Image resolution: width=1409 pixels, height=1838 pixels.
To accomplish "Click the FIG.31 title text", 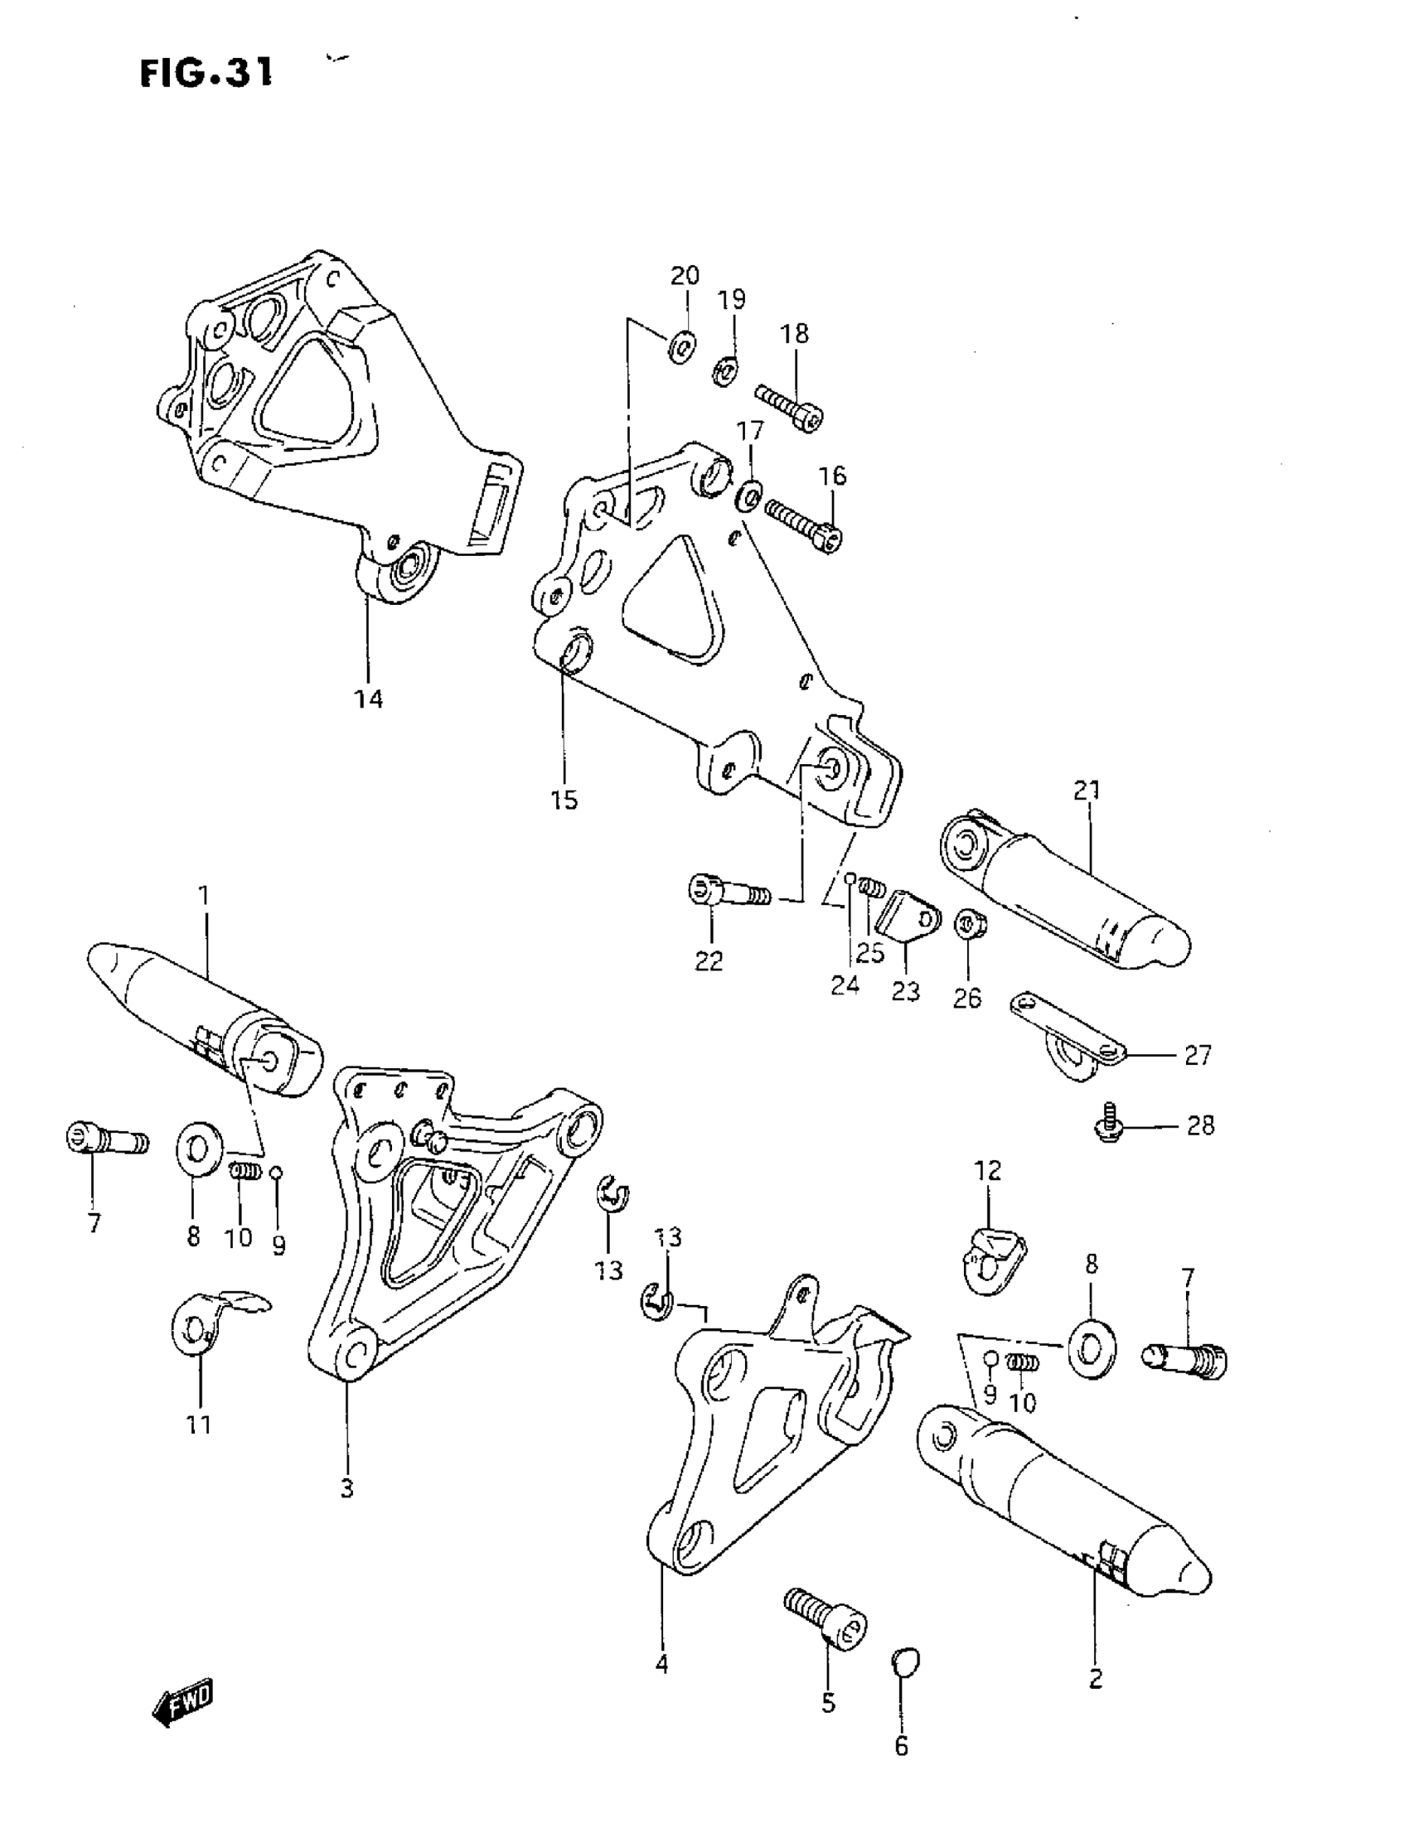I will click(206, 74).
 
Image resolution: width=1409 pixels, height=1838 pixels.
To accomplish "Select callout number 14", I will click(368, 699).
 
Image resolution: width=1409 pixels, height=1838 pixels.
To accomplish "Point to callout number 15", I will click(564, 800).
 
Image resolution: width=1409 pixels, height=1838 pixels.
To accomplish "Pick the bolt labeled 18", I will click(789, 407).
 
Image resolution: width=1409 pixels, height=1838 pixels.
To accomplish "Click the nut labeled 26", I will click(971, 926).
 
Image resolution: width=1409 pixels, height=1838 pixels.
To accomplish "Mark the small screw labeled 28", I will click(1110, 1126).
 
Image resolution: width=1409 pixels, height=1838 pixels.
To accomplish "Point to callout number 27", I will click(1198, 1055).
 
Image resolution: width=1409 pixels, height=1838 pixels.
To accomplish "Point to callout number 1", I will click(204, 896).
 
